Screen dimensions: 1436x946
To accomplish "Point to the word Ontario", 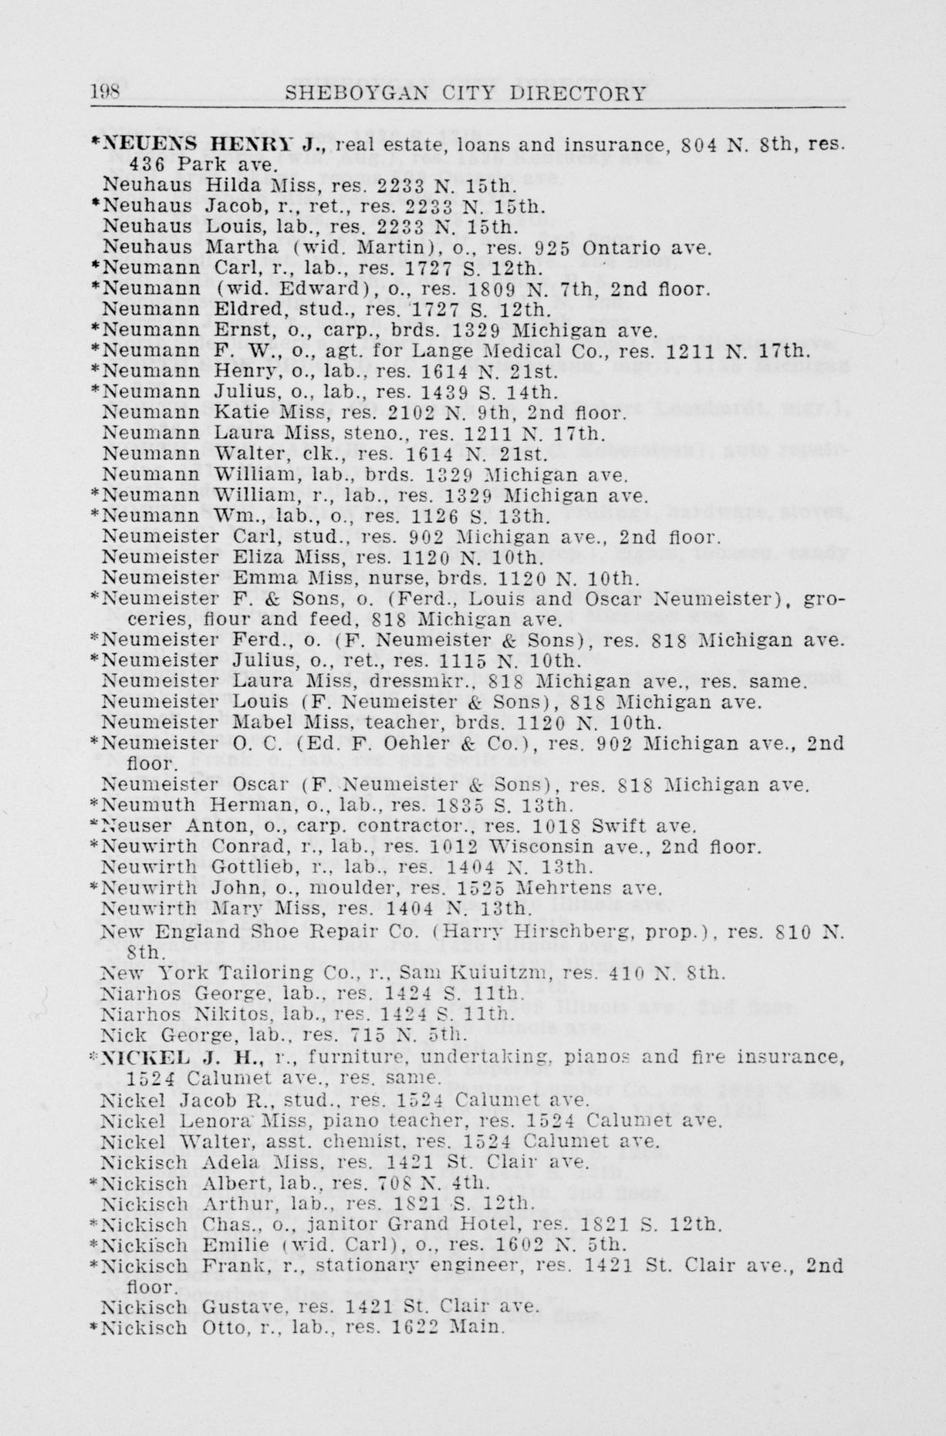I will click(615, 248).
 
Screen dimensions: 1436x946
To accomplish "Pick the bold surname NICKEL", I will click(140, 1056).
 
